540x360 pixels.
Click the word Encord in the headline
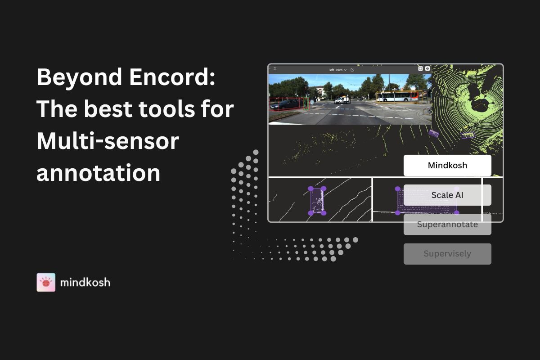172,76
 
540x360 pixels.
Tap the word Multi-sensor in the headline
108,141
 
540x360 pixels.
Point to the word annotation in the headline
99,173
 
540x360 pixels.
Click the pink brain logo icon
46,282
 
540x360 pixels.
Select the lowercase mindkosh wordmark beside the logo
85,282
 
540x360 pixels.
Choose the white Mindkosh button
447,166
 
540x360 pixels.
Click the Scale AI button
447,195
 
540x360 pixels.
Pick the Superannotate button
447,225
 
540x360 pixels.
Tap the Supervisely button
447,254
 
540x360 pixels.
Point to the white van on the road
342,100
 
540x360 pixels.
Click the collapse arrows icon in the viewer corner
275,69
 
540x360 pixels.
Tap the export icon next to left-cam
352,70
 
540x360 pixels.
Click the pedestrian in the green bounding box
306,103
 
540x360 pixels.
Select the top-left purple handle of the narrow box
311,189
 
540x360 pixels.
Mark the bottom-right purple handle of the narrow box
324,213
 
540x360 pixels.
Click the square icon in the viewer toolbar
420,68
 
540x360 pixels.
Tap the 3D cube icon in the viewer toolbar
427,68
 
